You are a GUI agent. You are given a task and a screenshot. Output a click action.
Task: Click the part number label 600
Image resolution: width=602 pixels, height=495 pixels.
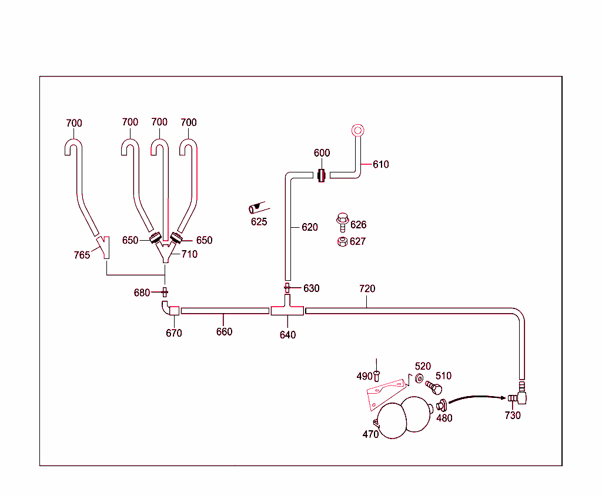322,153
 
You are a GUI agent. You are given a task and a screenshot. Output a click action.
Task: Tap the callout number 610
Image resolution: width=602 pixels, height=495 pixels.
381,164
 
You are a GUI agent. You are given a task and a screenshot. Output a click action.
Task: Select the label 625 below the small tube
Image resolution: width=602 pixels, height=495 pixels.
259,222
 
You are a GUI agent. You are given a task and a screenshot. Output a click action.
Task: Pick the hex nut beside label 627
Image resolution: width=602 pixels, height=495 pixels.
342,241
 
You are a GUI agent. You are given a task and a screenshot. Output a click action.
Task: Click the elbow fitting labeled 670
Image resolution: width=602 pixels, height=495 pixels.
169,308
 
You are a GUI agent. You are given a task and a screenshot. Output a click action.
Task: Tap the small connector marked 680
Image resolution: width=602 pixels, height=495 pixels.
165,292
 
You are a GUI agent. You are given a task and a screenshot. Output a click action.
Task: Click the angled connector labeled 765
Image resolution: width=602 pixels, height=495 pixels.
104,247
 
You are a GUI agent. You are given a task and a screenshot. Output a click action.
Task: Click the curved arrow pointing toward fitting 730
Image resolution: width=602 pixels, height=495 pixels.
476,398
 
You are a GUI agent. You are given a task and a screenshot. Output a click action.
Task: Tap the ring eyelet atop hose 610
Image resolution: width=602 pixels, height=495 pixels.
358,130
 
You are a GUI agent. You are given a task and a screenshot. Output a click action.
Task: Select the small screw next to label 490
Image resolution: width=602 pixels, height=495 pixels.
377,373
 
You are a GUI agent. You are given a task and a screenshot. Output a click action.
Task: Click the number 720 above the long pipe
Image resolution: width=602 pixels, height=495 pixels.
367,289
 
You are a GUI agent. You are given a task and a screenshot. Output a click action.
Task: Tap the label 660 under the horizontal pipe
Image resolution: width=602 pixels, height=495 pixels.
224,332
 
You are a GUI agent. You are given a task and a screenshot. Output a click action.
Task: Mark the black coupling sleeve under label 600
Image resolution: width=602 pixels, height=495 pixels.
321,175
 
